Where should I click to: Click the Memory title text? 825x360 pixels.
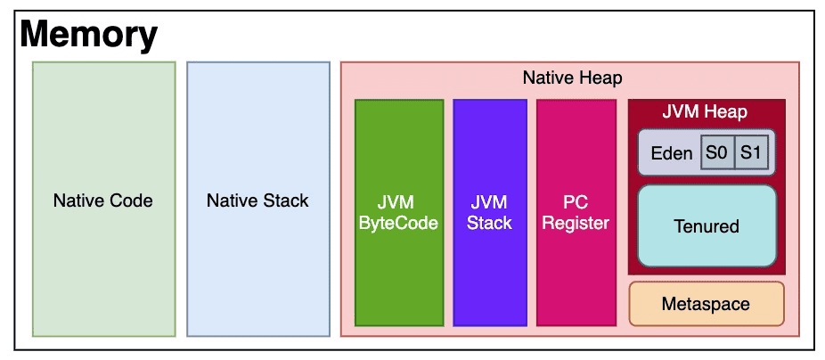(x=88, y=35)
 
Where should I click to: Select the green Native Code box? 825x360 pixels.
(x=103, y=199)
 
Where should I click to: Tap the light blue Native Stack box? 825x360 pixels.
(x=258, y=199)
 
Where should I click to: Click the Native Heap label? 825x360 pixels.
(x=573, y=78)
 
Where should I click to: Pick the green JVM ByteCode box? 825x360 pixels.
(x=399, y=213)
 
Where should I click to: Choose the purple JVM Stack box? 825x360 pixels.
(x=490, y=213)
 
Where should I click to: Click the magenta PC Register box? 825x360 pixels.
(x=576, y=213)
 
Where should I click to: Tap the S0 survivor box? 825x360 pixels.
(x=717, y=152)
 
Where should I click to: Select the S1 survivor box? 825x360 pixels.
(x=751, y=152)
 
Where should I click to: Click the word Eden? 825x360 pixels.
(x=672, y=153)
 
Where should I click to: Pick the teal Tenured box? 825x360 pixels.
(x=707, y=225)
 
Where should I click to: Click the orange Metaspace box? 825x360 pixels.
(x=707, y=304)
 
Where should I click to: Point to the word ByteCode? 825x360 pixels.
(x=399, y=223)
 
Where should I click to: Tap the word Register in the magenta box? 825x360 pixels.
(x=576, y=223)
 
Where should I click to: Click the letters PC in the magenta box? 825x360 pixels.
(x=576, y=202)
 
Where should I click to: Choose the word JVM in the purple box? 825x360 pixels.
(x=490, y=202)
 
